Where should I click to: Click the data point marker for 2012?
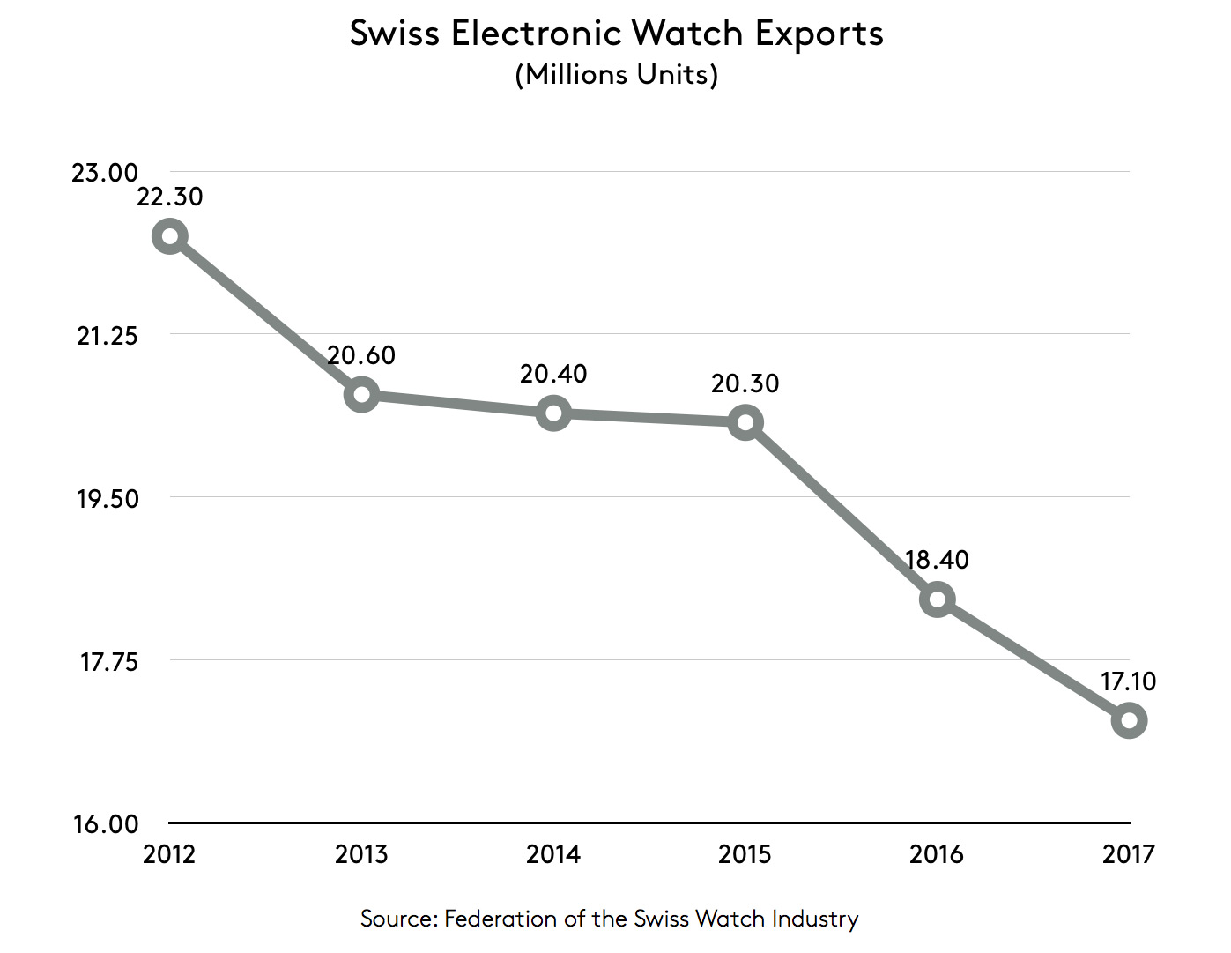click(x=169, y=236)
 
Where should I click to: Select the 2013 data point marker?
click(x=361, y=394)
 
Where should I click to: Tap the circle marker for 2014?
click(x=553, y=413)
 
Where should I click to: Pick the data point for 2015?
click(x=745, y=423)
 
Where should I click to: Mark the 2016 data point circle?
click(x=937, y=599)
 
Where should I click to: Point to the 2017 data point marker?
click(x=1129, y=720)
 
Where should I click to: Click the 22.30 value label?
click(x=170, y=196)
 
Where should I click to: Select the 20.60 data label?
click(x=361, y=355)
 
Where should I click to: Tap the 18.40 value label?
click(x=937, y=560)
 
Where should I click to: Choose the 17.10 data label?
click(x=1128, y=681)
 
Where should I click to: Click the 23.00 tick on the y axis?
click(x=105, y=173)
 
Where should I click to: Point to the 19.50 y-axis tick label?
click(x=108, y=499)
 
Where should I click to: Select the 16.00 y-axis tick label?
click(x=106, y=824)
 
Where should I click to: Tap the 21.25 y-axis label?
click(x=108, y=336)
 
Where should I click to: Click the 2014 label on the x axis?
click(x=553, y=854)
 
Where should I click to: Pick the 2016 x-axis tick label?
click(x=937, y=854)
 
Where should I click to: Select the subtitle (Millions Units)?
click(x=616, y=75)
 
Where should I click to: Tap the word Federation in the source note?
click(x=501, y=919)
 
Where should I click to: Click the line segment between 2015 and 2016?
click(x=842, y=511)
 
